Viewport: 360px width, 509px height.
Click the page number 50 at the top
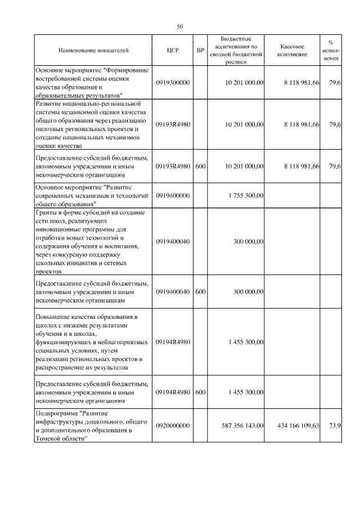180,26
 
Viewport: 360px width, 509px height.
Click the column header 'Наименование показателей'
93,50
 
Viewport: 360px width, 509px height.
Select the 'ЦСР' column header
173,50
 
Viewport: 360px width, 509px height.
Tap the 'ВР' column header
200,50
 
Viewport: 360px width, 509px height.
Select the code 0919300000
173,83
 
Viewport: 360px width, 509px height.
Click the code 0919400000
173,195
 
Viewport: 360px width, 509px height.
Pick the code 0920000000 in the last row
173,426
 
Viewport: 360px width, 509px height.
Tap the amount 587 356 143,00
240,426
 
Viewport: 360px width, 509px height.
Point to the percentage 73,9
334,426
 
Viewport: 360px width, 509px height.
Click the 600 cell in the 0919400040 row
200,291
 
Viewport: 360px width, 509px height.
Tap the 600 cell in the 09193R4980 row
200,166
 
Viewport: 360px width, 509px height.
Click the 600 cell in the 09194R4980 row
200,391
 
